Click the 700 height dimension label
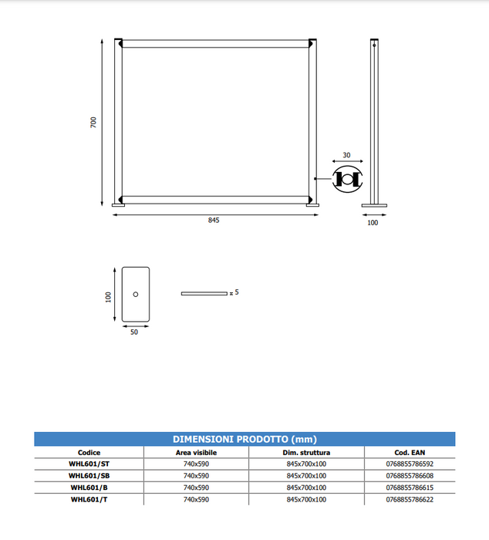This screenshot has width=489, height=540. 93,122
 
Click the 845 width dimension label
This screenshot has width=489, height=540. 214,221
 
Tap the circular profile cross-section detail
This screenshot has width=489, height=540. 347,179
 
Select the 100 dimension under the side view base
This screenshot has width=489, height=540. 373,223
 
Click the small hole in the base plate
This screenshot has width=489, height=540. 135,295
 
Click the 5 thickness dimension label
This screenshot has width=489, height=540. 237,293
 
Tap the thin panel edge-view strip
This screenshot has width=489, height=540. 204,294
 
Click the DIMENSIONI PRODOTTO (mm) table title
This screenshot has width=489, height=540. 244,439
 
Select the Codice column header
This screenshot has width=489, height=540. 89,453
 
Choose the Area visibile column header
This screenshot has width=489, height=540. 196,453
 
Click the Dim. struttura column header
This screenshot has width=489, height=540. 306,453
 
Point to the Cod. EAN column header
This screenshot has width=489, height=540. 410,453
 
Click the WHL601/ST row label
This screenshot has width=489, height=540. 89,464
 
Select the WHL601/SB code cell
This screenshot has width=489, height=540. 89,476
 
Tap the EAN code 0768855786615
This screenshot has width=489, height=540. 410,488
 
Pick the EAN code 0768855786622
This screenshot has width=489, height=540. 410,499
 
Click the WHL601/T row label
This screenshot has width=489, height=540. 89,499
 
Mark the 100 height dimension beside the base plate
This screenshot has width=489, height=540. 110,295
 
